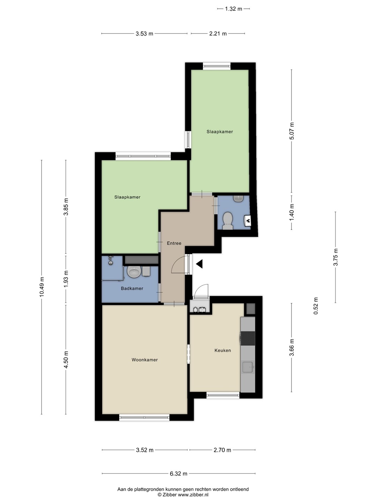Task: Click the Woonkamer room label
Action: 145,360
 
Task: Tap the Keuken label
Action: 222,350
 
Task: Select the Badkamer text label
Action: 132,289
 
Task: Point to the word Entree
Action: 174,243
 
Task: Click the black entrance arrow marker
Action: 199,264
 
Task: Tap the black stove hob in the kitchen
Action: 247,338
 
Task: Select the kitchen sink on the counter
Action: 248,367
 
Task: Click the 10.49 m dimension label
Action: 42,287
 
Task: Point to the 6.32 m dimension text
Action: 178,473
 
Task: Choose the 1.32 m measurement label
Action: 234,9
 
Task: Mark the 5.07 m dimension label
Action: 291,131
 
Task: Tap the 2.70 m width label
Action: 222,450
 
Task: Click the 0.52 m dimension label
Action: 316,306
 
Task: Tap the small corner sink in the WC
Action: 238,198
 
